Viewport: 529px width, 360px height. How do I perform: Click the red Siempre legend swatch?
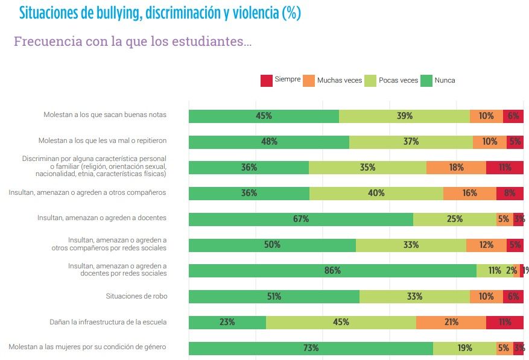click(x=266, y=80)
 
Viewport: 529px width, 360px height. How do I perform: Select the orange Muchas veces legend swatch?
click(x=308, y=80)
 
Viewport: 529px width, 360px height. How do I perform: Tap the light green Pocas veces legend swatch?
click(x=370, y=80)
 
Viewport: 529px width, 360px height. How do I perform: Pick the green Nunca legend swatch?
click(x=426, y=80)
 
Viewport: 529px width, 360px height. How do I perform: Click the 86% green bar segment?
click(x=332, y=271)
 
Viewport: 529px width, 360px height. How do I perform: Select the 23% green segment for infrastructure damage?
click(x=227, y=322)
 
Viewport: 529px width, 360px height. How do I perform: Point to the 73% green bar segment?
click(x=311, y=348)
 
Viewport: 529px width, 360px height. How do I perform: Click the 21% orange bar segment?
click(x=451, y=322)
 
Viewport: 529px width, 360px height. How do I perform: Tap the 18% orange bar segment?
click(x=456, y=168)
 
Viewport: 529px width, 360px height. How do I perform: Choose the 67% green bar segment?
click(x=300, y=219)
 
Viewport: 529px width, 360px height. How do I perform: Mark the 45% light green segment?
click(x=341, y=322)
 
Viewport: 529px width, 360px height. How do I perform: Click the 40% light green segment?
click(x=376, y=194)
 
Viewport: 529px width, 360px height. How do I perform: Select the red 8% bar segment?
click(x=510, y=194)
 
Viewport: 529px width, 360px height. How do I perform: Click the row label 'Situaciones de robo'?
click(x=136, y=296)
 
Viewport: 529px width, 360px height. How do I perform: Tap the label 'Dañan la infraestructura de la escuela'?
click(x=108, y=322)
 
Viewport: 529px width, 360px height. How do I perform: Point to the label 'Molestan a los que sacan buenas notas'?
click(x=105, y=115)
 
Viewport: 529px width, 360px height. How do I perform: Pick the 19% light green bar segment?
click(x=464, y=348)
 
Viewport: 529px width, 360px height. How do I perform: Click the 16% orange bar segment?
click(x=469, y=194)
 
